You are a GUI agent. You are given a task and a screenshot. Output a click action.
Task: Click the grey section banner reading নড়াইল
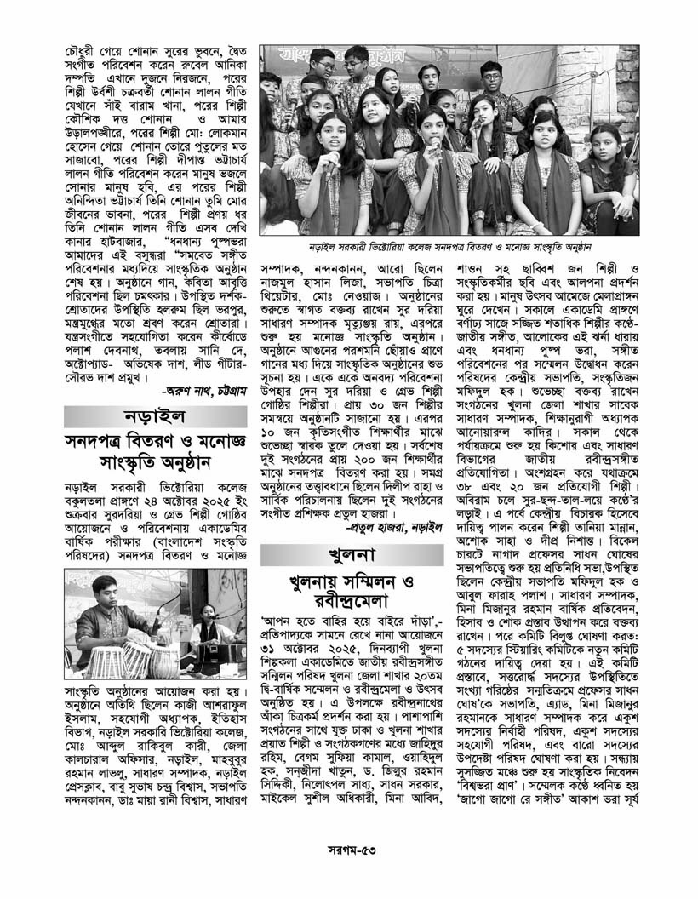[x=153, y=420]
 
